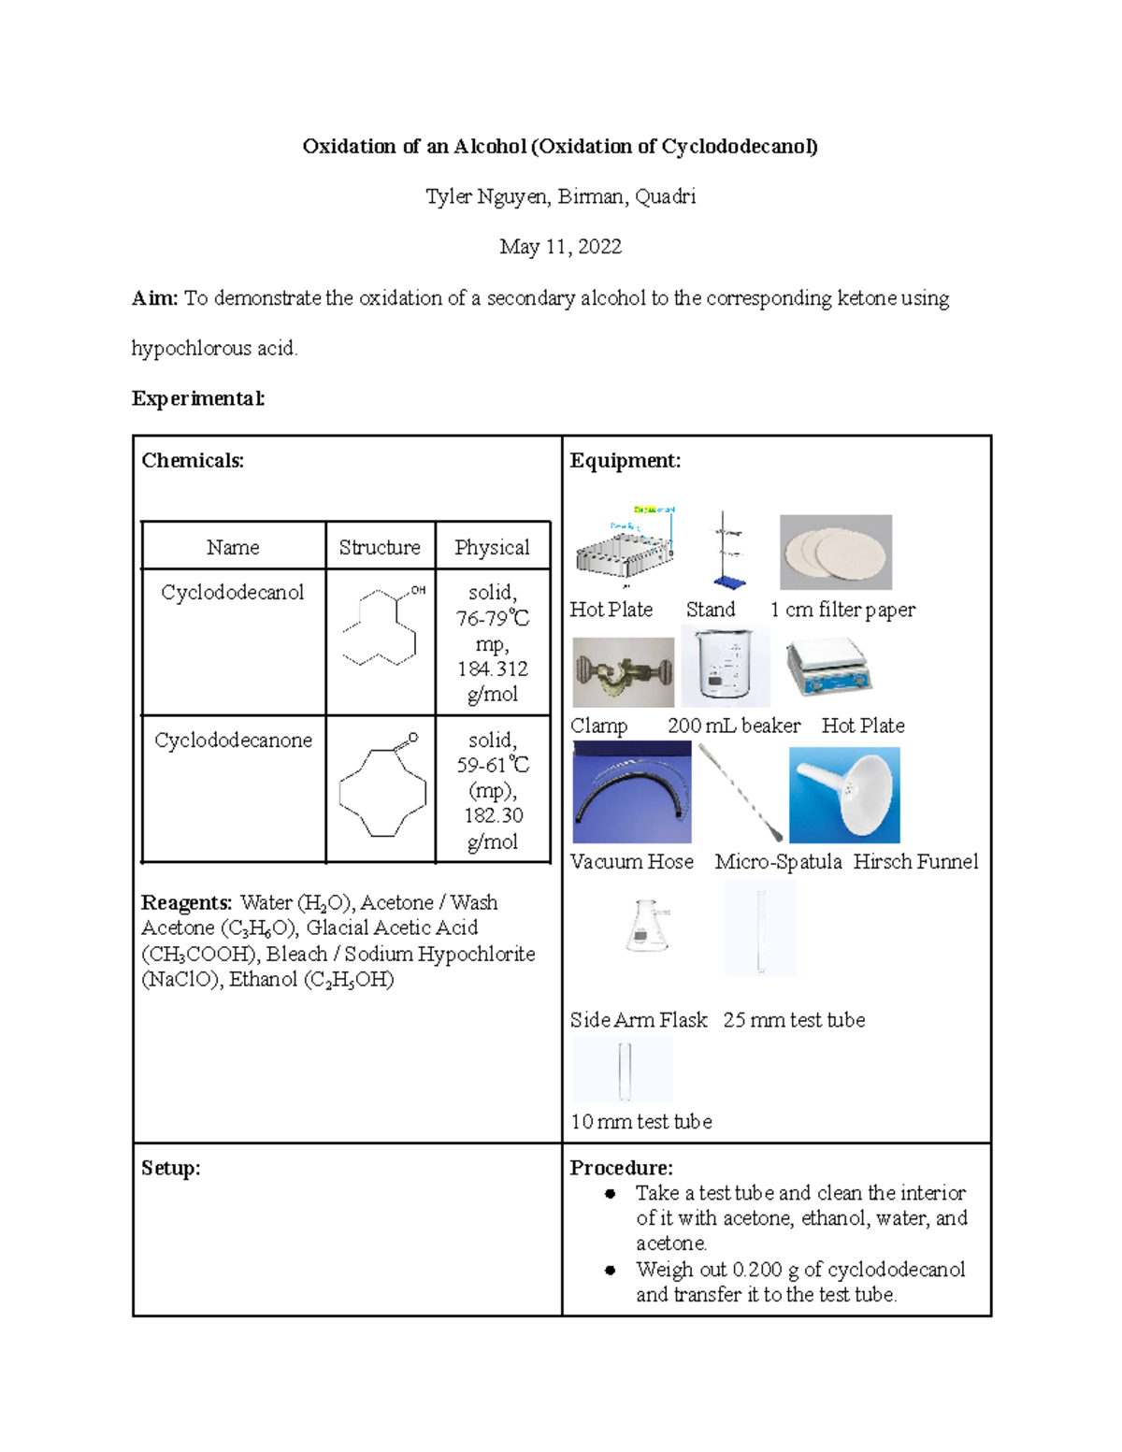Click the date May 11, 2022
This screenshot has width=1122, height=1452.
click(560, 247)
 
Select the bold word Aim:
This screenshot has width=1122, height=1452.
click(154, 298)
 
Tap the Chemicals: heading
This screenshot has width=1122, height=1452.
click(193, 461)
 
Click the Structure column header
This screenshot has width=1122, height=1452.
click(380, 548)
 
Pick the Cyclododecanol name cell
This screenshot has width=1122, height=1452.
click(233, 593)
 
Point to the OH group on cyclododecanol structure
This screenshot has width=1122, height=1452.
click(418, 590)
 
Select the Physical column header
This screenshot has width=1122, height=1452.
click(492, 548)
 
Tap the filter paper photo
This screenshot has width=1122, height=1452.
click(835, 552)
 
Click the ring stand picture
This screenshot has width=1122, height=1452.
click(725, 552)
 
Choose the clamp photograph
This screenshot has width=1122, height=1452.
click(623, 672)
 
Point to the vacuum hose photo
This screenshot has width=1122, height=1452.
click(631, 793)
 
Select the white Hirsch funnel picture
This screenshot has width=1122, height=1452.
click(844, 795)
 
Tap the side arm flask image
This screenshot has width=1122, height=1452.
click(648, 927)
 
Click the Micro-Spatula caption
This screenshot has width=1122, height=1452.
click(778, 862)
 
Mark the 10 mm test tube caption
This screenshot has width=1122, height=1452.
click(641, 1122)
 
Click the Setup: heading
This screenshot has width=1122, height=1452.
click(170, 1169)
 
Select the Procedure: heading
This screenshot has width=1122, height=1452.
click(621, 1168)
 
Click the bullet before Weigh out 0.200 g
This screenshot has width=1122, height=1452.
click(611, 1270)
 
